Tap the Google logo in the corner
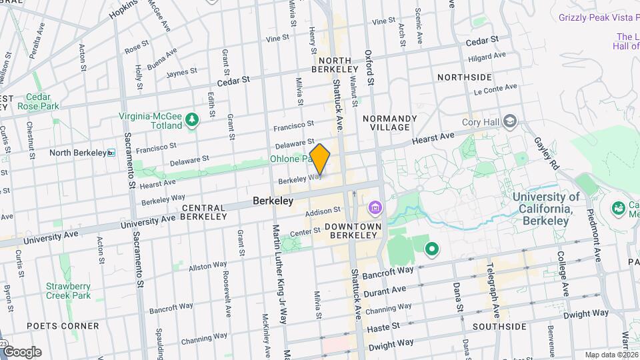pyautogui.click(x=22, y=352)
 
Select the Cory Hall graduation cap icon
pyautogui.click(x=510, y=121)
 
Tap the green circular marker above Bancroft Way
pyautogui.click(x=431, y=250)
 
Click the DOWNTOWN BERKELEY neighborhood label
pyautogui.click(x=353, y=231)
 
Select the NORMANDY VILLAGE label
pyautogui.click(x=390, y=123)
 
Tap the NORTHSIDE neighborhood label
pyautogui.click(x=464, y=77)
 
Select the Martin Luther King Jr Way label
pyautogui.click(x=278, y=267)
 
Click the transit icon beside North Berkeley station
pyautogui.click(x=111, y=153)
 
